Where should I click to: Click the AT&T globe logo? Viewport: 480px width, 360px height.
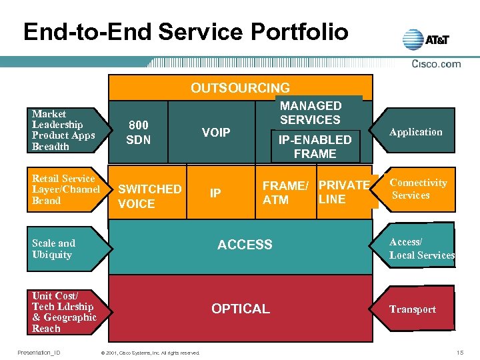(x=413, y=39)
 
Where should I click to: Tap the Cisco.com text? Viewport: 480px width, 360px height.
(x=436, y=64)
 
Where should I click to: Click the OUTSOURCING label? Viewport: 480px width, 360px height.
(x=240, y=88)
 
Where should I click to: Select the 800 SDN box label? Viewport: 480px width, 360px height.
(x=139, y=132)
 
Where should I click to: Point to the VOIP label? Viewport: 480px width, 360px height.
(x=216, y=132)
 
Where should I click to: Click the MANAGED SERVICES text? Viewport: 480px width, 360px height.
(x=310, y=113)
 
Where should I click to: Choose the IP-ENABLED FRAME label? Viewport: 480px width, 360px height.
(x=315, y=147)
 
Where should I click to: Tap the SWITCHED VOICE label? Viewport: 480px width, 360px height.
(x=149, y=197)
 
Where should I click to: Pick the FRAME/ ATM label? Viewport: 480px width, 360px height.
(x=285, y=192)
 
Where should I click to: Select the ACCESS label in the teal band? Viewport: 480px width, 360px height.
(x=245, y=245)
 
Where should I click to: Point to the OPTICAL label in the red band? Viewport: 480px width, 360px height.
(x=240, y=309)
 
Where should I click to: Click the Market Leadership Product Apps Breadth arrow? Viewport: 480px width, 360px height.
(x=65, y=130)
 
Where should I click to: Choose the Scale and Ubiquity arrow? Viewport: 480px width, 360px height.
(x=65, y=249)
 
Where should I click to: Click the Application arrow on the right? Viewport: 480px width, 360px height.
(x=416, y=132)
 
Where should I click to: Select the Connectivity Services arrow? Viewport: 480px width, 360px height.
(x=419, y=189)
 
